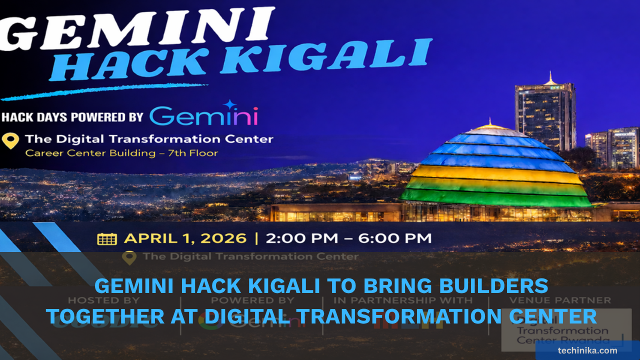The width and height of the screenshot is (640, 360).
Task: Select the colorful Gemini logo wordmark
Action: click(x=203, y=116)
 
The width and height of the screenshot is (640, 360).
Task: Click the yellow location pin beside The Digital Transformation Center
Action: click(x=10, y=140)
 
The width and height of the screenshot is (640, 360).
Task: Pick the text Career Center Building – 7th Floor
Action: click(x=121, y=153)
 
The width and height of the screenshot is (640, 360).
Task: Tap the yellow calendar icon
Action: click(x=107, y=238)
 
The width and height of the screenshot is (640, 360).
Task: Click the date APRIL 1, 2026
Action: click(x=185, y=238)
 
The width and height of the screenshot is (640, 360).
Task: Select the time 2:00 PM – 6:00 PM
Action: click(x=348, y=238)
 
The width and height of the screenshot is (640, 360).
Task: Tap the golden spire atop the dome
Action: click(x=490, y=122)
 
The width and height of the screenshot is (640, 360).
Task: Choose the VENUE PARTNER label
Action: click(x=559, y=300)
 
